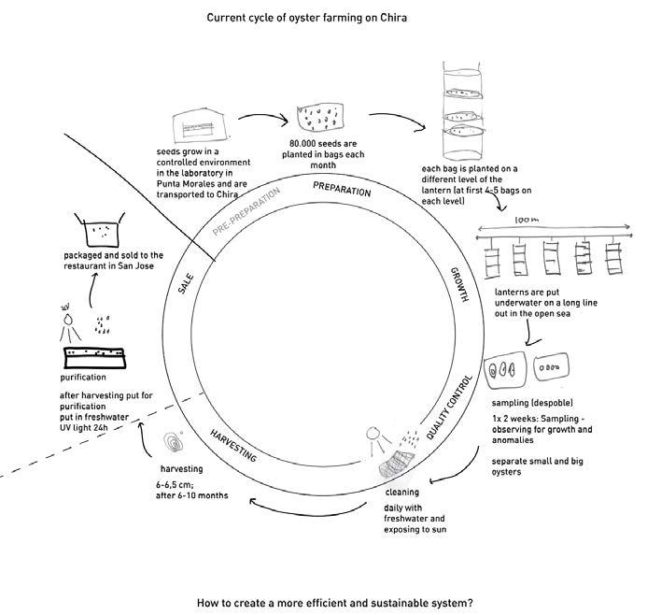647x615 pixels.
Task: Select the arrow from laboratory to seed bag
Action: point(256,121)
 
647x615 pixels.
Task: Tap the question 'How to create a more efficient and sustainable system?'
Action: point(335,603)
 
